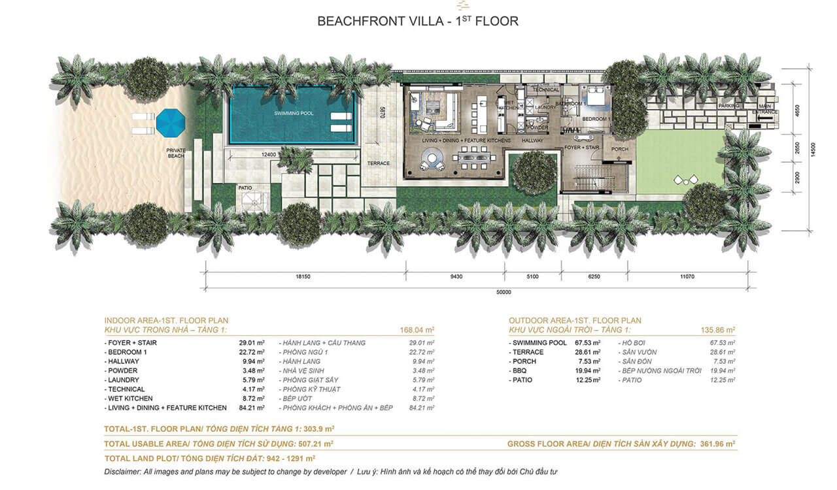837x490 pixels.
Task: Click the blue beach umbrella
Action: tap(171, 122)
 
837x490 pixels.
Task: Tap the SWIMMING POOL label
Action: tap(294, 113)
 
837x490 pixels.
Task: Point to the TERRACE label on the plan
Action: tap(378, 163)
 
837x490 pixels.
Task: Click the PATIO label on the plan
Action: tap(245, 188)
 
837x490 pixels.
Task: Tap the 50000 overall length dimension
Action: tap(503, 292)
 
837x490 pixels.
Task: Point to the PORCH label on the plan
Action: tap(619, 149)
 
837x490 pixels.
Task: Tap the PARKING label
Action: tap(728, 106)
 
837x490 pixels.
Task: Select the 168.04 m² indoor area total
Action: tap(417, 330)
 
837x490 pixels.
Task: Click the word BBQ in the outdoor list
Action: tap(520, 370)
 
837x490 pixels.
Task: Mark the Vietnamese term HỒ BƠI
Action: tap(630, 343)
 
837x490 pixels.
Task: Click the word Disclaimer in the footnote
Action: tap(122, 471)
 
